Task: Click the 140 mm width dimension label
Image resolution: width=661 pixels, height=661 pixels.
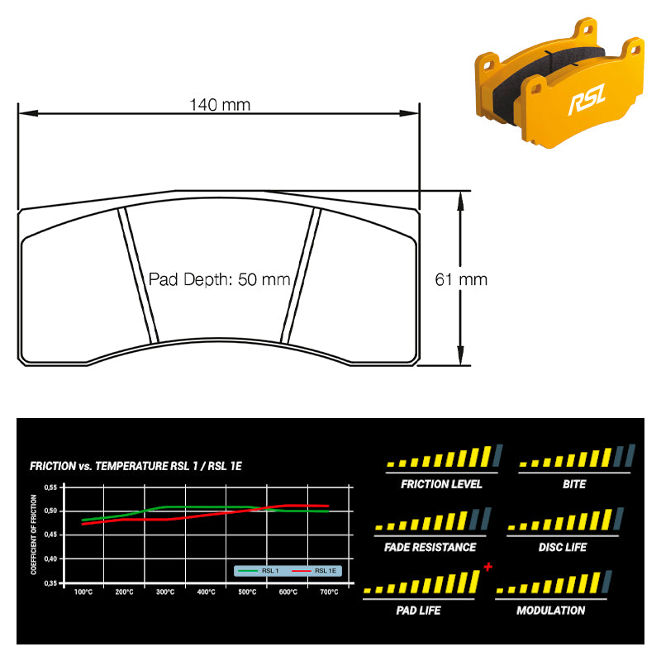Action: [x=220, y=105]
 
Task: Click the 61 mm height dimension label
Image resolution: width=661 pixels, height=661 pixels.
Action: [x=461, y=279]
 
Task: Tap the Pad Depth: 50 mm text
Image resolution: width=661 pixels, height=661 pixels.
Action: [x=219, y=279]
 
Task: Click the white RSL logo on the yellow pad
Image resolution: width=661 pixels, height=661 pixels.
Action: [x=587, y=99]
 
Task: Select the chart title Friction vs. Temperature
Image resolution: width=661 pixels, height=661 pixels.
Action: [x=136, y=466]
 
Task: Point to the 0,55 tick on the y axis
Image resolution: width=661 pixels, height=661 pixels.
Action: [x=50, y=487]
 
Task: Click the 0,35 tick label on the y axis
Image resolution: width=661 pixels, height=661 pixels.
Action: [x=50, y=583]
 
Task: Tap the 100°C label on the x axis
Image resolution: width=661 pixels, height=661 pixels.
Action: [x=83, y=592]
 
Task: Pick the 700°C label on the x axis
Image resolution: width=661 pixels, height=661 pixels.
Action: [x=329, y=592]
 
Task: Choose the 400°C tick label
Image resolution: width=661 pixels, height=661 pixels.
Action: [x=206, y=592]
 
